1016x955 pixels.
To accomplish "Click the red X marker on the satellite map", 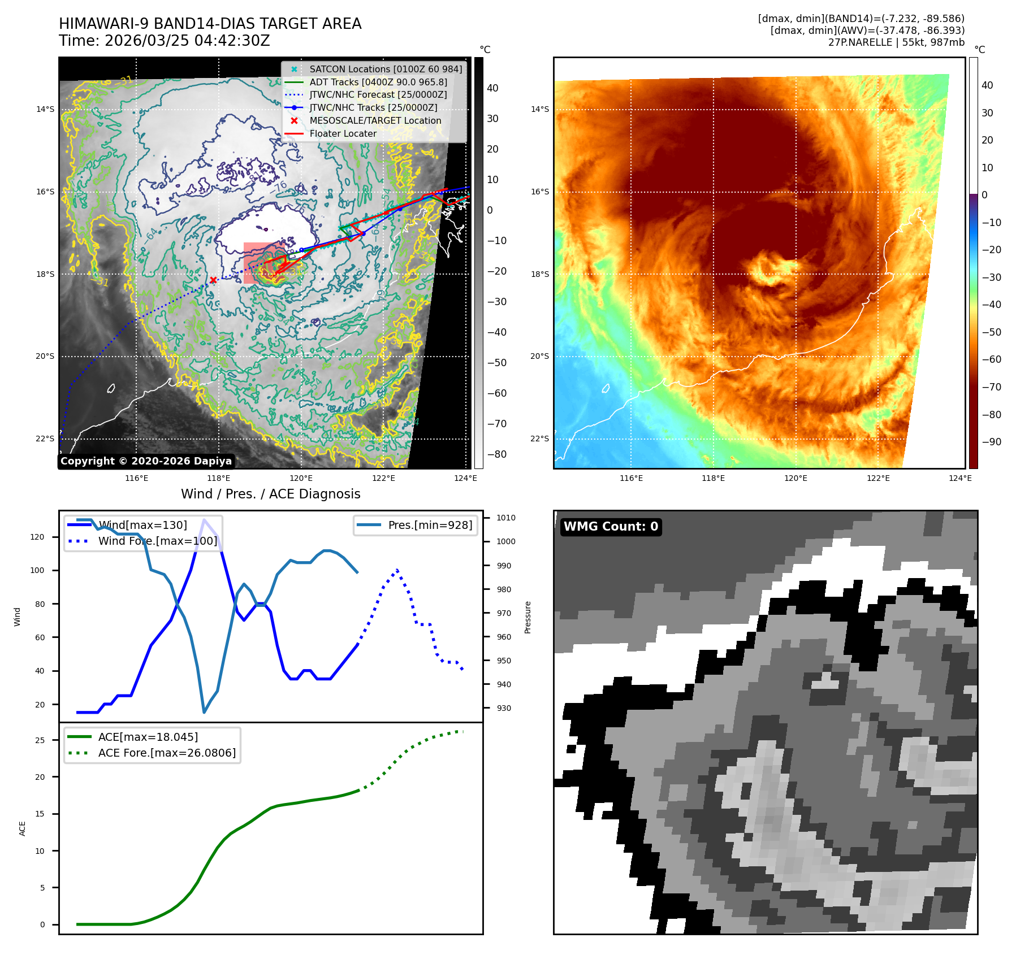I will point(213,280).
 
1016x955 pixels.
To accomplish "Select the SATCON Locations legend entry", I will point(385,69).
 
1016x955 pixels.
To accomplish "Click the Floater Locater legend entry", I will point(343,133).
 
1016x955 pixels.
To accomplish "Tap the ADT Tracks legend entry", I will point(378,82).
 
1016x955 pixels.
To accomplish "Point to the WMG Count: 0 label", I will point(611,527).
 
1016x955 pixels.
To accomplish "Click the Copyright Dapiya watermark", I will point(146,461).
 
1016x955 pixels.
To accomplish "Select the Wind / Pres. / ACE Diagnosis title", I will point(270,494).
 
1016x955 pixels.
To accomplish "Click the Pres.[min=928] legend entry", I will point(430,525).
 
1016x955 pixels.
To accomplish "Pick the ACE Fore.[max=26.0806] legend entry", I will point(167,753).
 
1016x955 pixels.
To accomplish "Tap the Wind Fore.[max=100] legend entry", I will point(157,541).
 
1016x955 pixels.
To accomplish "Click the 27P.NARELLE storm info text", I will point(896,42).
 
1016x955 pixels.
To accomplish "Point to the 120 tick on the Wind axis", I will point(37,537).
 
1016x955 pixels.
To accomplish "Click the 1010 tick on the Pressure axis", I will point(505,518).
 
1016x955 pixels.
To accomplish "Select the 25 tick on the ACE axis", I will point(40,740).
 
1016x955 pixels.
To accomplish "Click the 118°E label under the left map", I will point(219,478).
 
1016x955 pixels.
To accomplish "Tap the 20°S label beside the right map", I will point(539,356).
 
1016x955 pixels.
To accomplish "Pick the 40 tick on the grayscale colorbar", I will point(492,88).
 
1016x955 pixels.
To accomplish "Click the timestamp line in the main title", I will point(164,41).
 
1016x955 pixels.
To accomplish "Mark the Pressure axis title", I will point(528,617).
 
